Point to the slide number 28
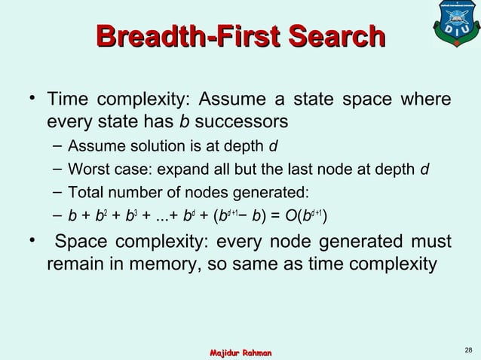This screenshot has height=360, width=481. (x=469, y=349)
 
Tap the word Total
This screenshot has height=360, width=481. (x=84, y=192)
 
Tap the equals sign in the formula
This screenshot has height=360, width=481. (x=266, y=218)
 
